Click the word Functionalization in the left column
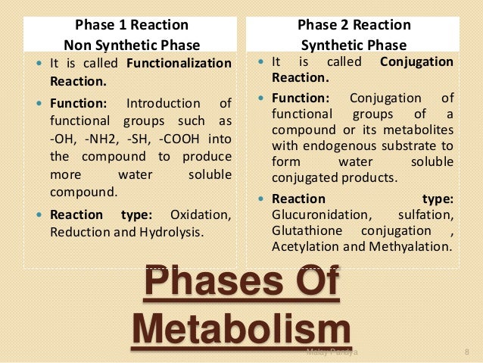pyautogui.click(x=182, y=63)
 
